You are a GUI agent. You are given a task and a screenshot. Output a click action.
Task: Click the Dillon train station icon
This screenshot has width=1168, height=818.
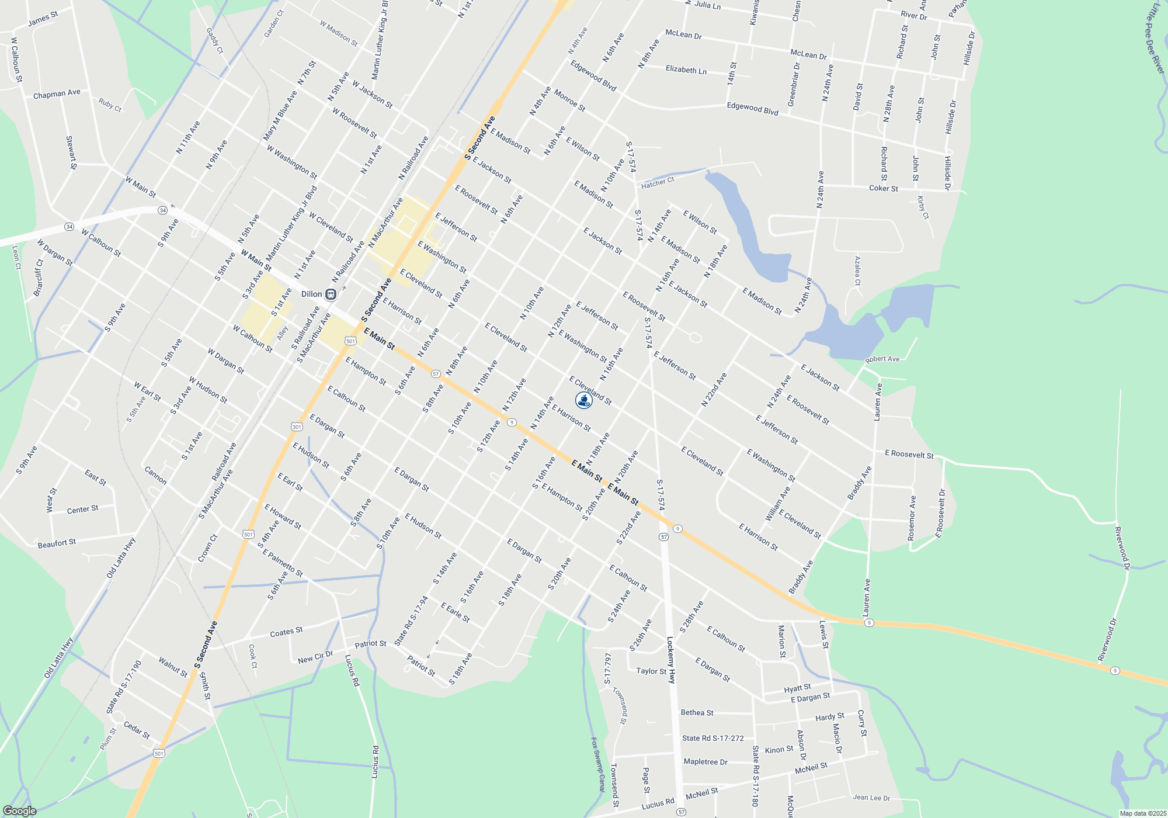pyautogui.click(x=331, y=294)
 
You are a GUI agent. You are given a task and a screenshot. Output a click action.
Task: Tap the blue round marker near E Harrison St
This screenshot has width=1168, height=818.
pyautogui.click(x=583, y=400)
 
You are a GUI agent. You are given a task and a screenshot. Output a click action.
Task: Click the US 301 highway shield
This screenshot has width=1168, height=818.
pyautogui.click(x=297, y=427)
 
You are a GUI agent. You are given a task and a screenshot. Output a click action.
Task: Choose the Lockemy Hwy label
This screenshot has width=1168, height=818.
pyautogui.click(x=672, y=660)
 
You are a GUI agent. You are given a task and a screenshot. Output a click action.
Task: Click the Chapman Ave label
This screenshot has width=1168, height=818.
pyautogui.click(x=57, y=93)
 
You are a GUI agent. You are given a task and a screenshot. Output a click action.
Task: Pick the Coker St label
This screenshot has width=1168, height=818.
pyautogui.click(x=884, y=188)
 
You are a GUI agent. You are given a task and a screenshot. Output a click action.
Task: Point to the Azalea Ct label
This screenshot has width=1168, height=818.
pyautogui.click(x=857, y=271)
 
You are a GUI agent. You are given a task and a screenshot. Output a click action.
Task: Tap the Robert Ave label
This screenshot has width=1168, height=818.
pyautogui.click(x=882, y=359)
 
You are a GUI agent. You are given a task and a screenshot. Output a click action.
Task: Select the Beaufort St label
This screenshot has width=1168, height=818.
pyautogui.click(x=57, y=543)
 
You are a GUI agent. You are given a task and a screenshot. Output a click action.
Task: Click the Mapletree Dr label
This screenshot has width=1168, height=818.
pyautogui.click(x=705, y=762)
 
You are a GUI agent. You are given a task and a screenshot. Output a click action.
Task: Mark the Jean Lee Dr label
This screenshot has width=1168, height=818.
pyautogui.click(x=871, y=798)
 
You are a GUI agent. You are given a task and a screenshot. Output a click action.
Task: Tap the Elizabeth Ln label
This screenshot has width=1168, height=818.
pyautogui.click(x=686, y=70)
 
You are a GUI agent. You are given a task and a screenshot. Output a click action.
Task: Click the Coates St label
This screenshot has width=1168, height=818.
pyautogui.click(x=286, y=632)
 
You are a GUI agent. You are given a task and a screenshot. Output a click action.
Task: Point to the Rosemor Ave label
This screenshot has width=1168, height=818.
pyautogui.click(x=912, y=518)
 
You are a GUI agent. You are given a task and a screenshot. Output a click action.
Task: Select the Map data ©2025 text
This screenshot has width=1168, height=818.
pyautogui.click(x=1143, y=813)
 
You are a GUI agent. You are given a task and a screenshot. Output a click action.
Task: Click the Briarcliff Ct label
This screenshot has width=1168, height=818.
pyautogui.click(x=39, y=278)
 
